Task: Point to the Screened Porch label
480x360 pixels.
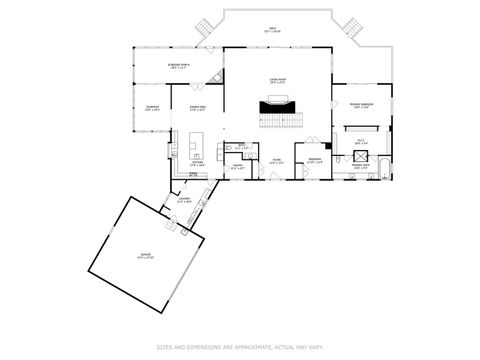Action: (181, 66)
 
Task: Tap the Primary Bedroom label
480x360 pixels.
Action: (362, 105)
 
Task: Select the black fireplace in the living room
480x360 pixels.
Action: (277, 104)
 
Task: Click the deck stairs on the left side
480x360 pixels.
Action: (206, 25)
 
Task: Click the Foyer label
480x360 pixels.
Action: (277, 161)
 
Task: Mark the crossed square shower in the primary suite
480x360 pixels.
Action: (362, 144)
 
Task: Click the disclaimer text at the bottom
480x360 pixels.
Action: (240, 347)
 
